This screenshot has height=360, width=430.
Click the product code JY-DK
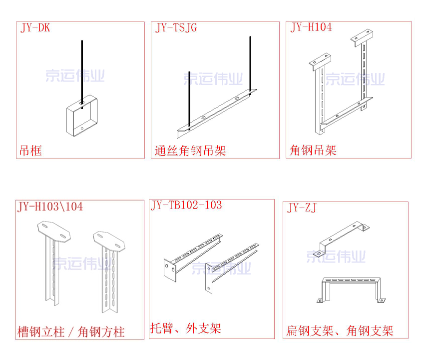point(35,28)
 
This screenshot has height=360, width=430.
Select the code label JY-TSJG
point(176,28)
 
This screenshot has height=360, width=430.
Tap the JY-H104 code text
point(311,27)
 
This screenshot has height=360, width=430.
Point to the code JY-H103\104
point(50,206)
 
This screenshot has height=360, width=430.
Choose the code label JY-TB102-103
point(186,205)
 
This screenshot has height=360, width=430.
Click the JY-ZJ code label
point(303,208)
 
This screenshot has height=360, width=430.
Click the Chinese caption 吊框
point(30,150)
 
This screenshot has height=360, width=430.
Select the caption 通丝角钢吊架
point(190,150)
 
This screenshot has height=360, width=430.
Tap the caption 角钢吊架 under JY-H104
point(313,150)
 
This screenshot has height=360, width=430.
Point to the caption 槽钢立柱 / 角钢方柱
point(71,331)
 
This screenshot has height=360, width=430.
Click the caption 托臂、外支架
point(186,328)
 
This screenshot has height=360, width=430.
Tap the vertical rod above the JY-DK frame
point(81,70)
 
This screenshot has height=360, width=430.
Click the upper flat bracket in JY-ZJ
point(344,236)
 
